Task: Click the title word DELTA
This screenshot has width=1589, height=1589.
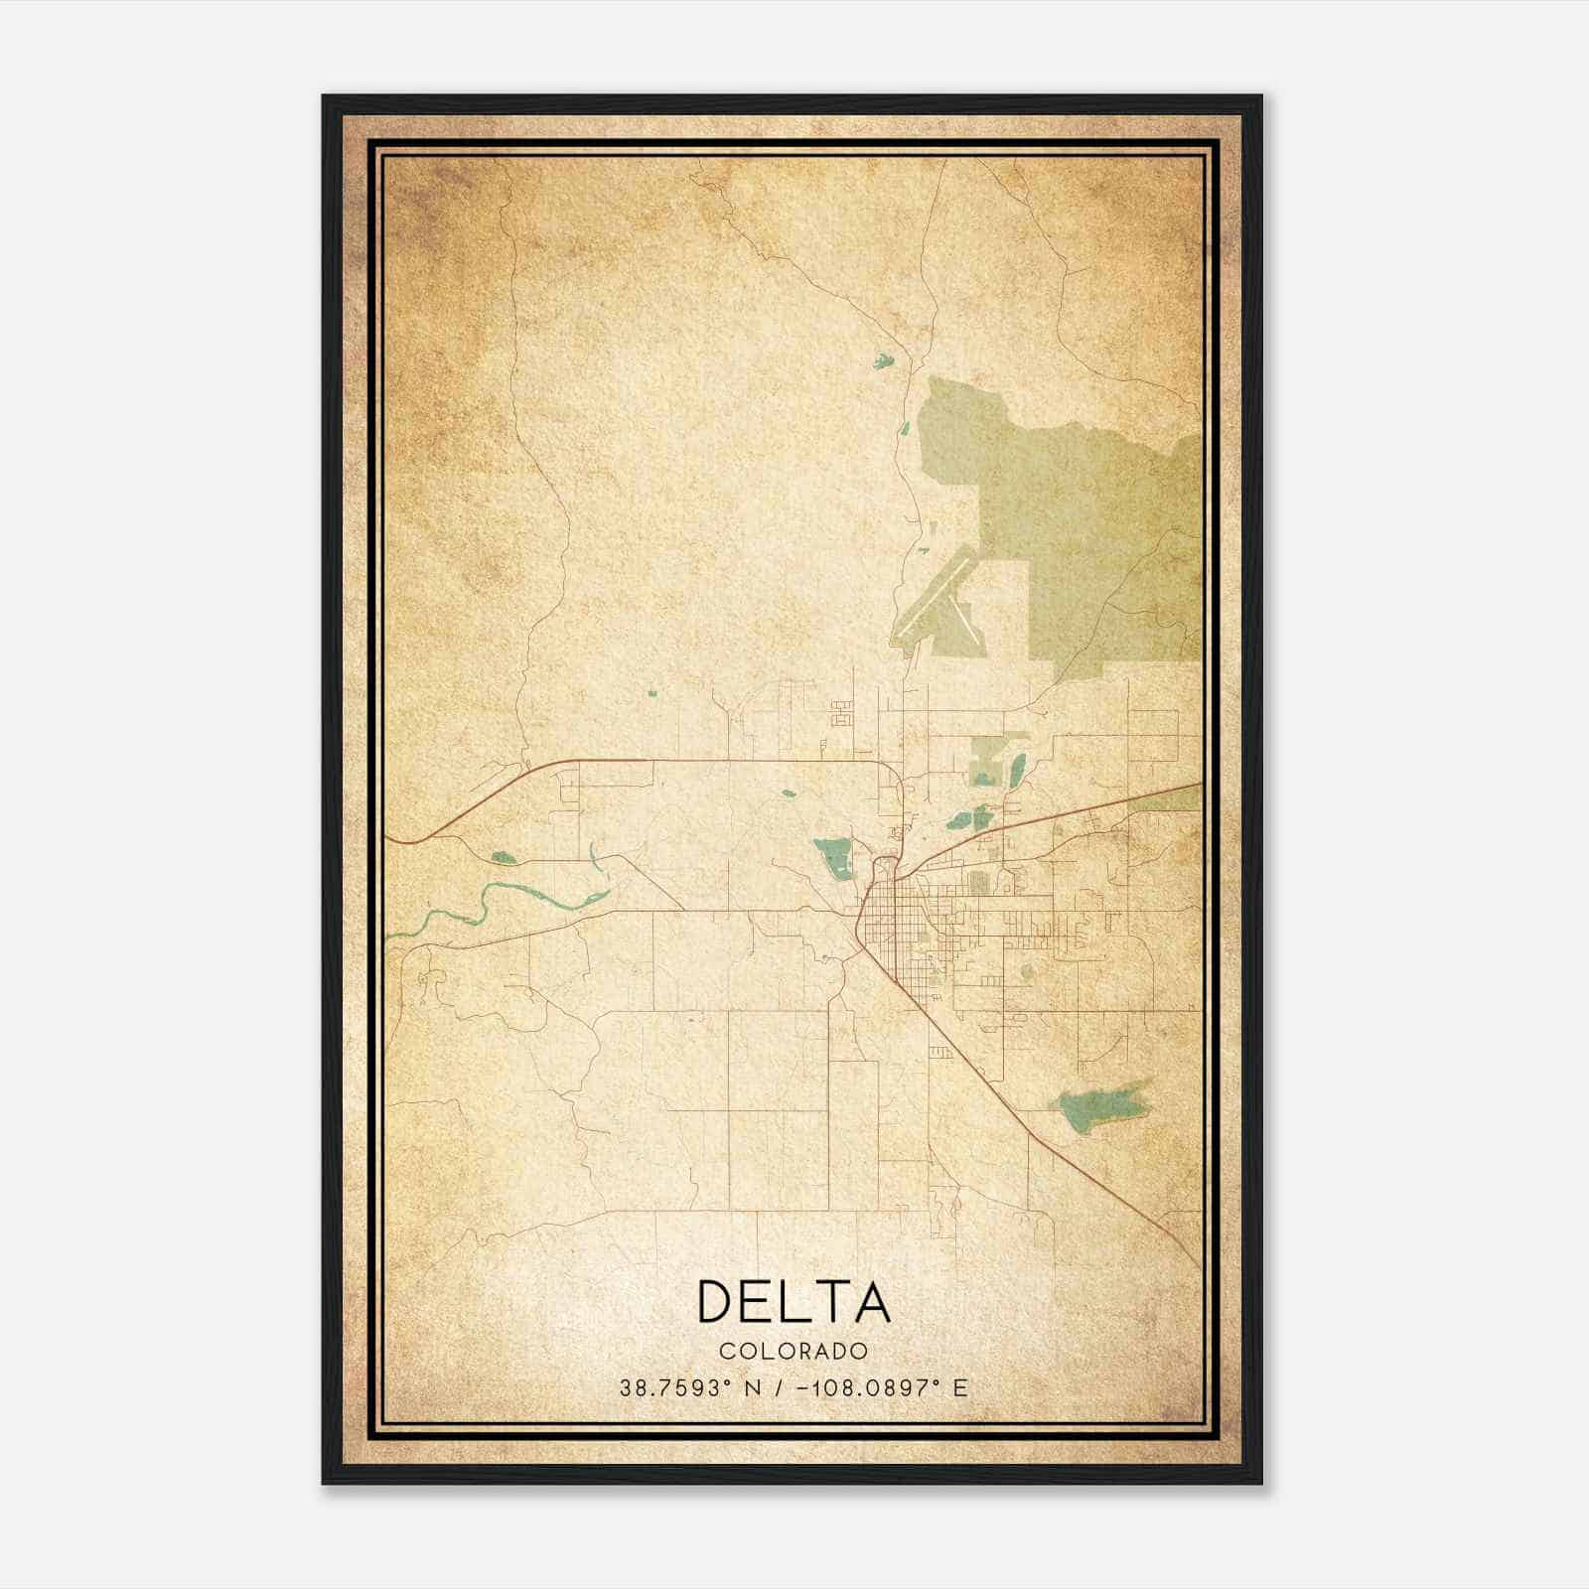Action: pos(794,1302)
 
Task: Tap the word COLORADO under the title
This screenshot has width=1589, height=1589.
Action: pos(794,1351)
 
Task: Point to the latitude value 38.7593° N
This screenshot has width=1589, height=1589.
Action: pos(690,1388)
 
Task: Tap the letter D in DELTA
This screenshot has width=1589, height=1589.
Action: pos(717,1302)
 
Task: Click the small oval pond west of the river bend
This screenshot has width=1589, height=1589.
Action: pos(503,857)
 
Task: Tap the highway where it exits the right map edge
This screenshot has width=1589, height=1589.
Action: pos(1196,786)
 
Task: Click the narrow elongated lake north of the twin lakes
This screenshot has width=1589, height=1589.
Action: pos(1017,770)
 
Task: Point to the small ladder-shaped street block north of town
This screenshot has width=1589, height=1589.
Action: pos(841,712)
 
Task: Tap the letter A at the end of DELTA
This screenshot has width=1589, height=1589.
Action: pos(872,1302)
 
